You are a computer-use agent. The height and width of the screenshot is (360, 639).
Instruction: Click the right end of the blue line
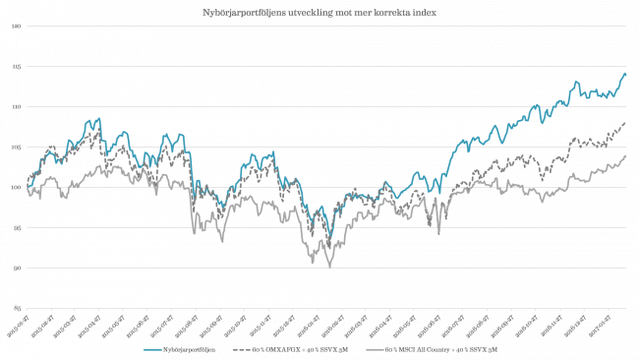pyautogui.click(x=626, y=73)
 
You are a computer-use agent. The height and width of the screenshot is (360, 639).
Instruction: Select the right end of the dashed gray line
pyautogui.click(x=626, y=123)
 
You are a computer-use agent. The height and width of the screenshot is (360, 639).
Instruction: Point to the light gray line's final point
pyautogui.click(x=626, y=155)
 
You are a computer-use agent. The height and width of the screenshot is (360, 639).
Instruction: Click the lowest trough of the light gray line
pyautogui.click(x=329, y=267)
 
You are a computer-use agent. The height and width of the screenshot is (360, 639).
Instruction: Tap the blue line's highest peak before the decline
pyautogui.click(x=98, y=119)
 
